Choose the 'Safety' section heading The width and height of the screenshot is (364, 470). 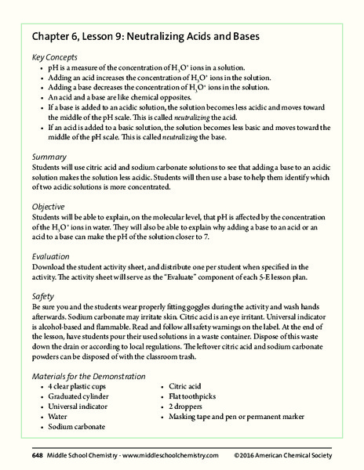click(43, 297)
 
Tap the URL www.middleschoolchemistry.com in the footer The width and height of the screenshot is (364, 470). click(169, 454)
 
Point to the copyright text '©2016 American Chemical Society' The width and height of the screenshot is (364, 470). click(283, 454)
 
